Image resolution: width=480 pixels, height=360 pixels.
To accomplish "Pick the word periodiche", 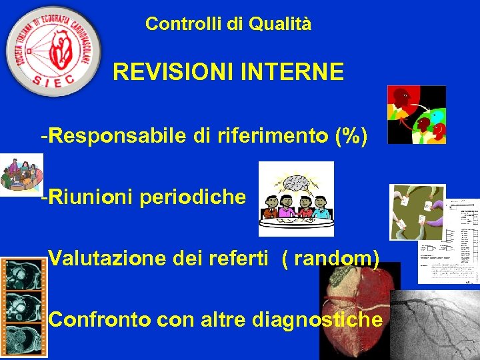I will click(x=193, y=198).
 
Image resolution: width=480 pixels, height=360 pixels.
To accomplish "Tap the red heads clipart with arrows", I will click(x=417, y=115).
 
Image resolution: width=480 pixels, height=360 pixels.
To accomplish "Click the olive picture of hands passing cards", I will click(x=417, y=212).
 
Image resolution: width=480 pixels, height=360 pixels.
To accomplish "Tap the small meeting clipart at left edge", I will click(x=20, y=174).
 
